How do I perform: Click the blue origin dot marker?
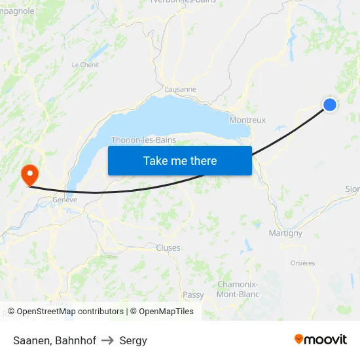tap(330, 105)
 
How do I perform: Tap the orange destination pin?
tap(29, 175)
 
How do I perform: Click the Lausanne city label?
tap(181, 89)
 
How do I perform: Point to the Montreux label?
tap(247, 120)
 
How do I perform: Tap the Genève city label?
tap(65, 200)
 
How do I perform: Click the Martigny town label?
tap(285, 233)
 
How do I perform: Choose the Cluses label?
tap(168, 247)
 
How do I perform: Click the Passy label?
tap(193, 295)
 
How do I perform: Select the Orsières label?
tap(302, 263)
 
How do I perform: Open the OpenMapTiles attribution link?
tap(162, 312)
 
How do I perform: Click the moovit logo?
tap(321, 340)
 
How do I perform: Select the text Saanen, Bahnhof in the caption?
tap(54, 340)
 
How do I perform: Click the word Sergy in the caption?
tap(134, 340)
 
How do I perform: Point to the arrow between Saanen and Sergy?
tap(108, 340)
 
